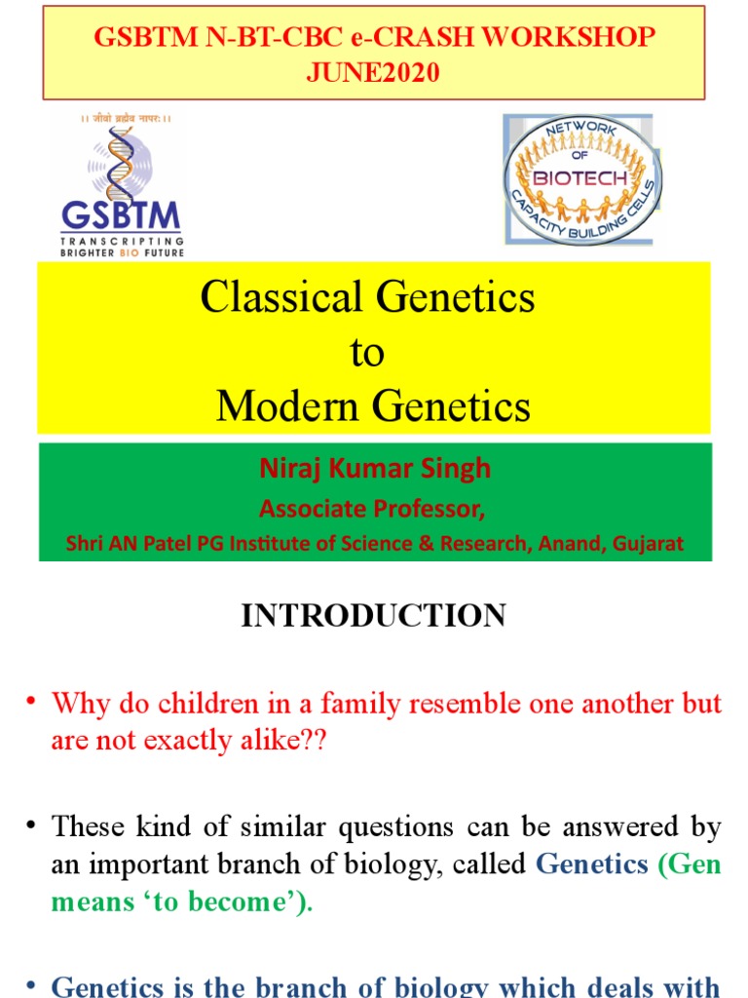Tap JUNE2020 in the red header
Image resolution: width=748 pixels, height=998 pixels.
pyautogui.click(x=374, y=73)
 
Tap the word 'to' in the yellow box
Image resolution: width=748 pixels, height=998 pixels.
pyautogui.click(x=367, y=353)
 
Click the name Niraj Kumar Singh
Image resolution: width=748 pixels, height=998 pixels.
pyautogui.click(x=375, y=469)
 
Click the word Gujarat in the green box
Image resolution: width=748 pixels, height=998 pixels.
pyautogui.click(x=648, y=544)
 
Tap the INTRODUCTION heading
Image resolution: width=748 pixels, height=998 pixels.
pyautogui.click(x=374, y=616)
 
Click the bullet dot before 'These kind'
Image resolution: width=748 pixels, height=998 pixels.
pyautogui.click(x=31, y=827)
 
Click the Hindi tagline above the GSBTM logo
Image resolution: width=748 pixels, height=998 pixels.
pyautogui.click(x=125, y=119)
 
